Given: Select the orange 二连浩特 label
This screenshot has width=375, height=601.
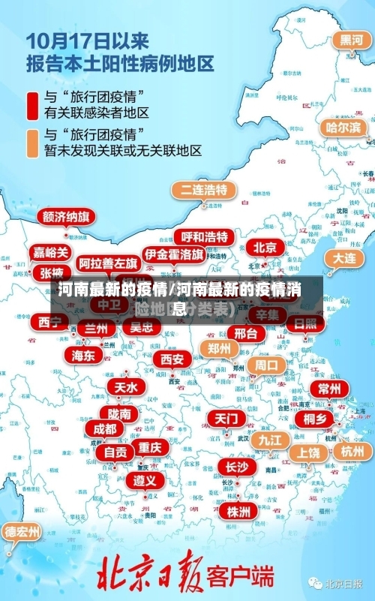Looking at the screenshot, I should (203, 189).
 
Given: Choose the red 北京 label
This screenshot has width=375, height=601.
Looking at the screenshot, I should (264, 247).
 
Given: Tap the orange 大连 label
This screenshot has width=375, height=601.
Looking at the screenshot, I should (344, 257).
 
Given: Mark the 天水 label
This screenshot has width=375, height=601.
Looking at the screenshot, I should (126, 387).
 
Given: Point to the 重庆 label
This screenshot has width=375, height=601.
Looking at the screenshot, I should (149, 447).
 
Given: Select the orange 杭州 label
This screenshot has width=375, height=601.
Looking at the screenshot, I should (352, 451).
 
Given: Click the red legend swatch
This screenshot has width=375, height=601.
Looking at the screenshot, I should (32, 105).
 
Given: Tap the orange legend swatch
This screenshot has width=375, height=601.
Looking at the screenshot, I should (32, 143).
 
